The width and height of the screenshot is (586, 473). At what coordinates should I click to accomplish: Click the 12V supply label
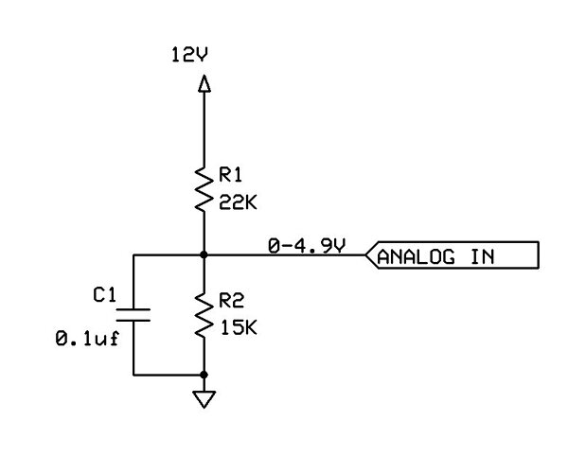[188, 56]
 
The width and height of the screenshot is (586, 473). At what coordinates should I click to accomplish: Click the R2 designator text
[231, 302]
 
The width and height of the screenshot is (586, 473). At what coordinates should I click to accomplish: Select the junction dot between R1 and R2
[204, 255]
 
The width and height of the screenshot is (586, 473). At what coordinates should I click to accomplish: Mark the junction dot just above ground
[204, 376]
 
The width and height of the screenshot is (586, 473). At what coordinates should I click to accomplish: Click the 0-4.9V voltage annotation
[309, 247]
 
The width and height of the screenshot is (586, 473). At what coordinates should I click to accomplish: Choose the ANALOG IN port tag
[451, 255]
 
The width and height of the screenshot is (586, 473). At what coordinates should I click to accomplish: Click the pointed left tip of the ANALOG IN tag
[366, 255]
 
